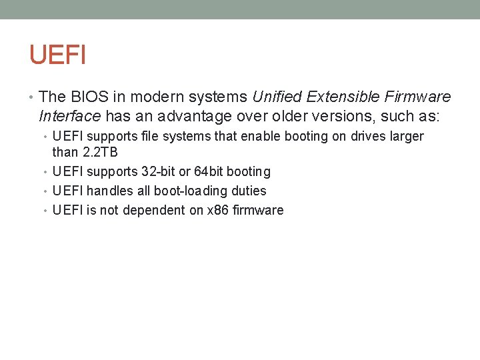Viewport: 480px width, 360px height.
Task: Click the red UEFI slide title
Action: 57,55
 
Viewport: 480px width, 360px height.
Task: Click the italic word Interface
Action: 70,117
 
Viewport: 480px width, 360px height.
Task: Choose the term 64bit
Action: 209,172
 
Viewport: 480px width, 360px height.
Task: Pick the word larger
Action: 407,137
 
